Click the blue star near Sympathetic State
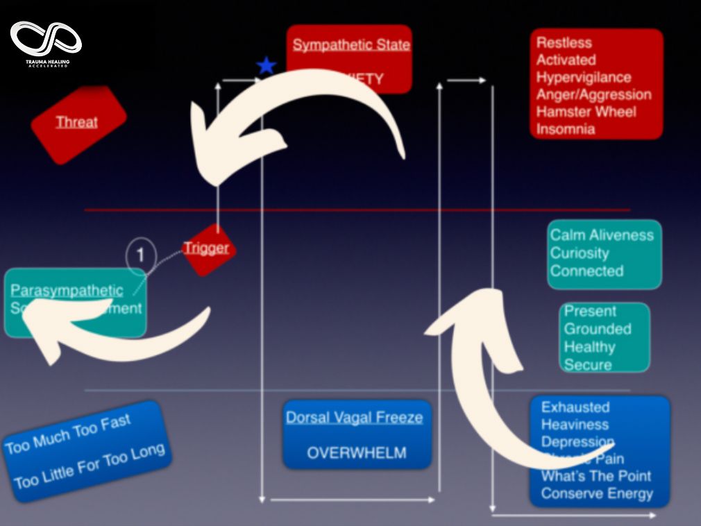pos(266,66)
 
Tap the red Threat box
pos(78,123)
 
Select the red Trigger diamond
pos(206,248)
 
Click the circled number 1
pos(140,255)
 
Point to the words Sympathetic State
pos(351,45)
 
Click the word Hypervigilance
pos(583,77)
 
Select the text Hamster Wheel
pos(586,112)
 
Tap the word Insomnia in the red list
pos(566,129)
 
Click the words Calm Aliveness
pos(602,235)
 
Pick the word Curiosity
pos(580,253)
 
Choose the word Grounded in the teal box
pos(597,329)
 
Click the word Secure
pos(587,365)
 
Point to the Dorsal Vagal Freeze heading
pos(354,418)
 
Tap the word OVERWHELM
pos(356,453)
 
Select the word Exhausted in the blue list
pos(575,407)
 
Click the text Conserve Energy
pos(597,494)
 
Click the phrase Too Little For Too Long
pos(89,466)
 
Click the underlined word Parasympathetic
pos(67,291)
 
